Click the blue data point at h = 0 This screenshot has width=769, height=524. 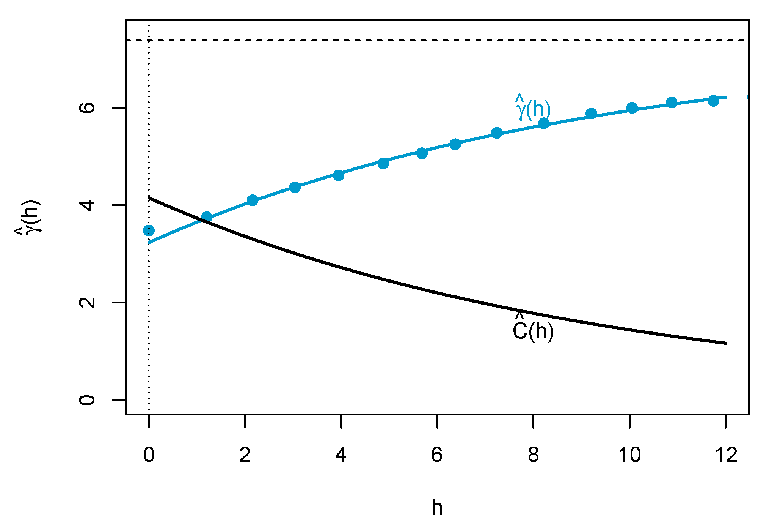click(x=149, y=230)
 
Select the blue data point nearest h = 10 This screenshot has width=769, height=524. click(x=632, y=108)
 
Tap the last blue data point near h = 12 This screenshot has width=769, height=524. click(x=713, y=101)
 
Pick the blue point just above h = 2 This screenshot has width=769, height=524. click(x=252, y=200)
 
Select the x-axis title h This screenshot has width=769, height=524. click(x=437, y=507)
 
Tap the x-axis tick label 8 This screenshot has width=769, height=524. click(x=533, y=455)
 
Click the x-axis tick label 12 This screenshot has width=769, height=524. click(x=726, y=455)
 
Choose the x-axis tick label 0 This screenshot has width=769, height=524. click(x=149, y=455)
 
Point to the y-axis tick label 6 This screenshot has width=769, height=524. click(x=87, y=107)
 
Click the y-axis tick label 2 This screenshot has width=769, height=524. click(x=87, y=303)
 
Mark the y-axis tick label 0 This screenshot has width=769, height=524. click(x=87, y=400)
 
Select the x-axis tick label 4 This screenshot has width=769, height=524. click(x=341, y=455)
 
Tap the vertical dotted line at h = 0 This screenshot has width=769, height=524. click(x=149, y=323)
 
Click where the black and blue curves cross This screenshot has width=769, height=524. click(x=201, y=220)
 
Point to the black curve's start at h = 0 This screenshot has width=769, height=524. click(x=149, y=197)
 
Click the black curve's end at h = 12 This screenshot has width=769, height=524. click(x=725, y=343)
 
